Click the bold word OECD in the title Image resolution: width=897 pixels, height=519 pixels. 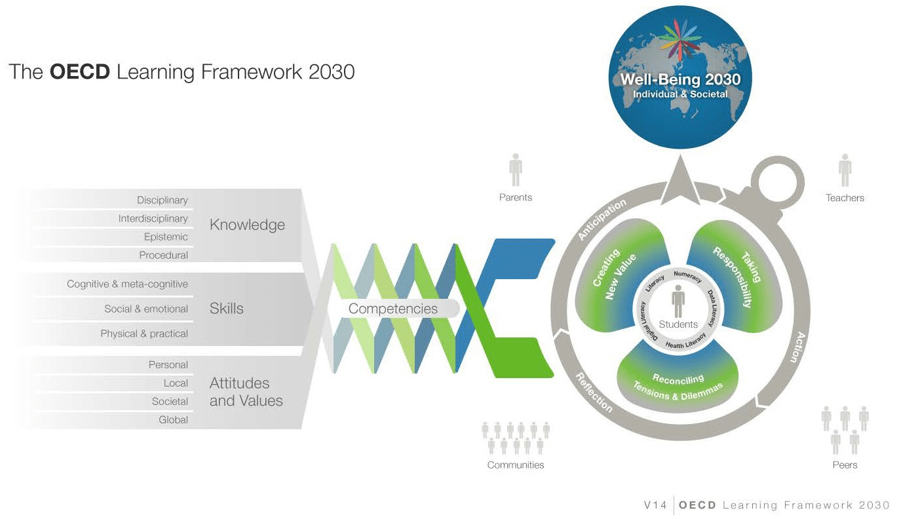[80, 71]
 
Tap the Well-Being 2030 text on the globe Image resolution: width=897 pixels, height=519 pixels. [680, 79]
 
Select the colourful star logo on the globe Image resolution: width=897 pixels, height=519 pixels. [680, 39]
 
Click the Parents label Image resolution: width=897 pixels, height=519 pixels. [516, 197]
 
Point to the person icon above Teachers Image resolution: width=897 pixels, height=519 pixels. [845, 170]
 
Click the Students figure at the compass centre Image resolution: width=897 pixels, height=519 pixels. [678, 301]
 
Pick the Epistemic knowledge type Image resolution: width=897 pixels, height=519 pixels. [166, 237]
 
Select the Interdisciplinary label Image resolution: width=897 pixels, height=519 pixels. [153, 219]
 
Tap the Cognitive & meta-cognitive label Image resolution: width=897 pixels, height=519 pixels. [127, 284]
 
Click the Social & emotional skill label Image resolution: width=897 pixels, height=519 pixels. [146, 309]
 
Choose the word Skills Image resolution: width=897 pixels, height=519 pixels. [227, 309]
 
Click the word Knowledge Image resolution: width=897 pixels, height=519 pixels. [248, 225]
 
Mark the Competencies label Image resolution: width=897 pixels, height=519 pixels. [393, 309]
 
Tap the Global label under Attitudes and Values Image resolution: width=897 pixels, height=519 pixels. [174, 419]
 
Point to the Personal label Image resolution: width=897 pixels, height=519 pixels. [168, 364]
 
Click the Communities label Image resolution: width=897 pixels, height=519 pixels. [516, 465]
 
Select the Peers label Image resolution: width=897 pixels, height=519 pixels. [845, 465]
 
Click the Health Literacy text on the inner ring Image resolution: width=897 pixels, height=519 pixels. [685, 341]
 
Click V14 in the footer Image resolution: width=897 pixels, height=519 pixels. [655, 505]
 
